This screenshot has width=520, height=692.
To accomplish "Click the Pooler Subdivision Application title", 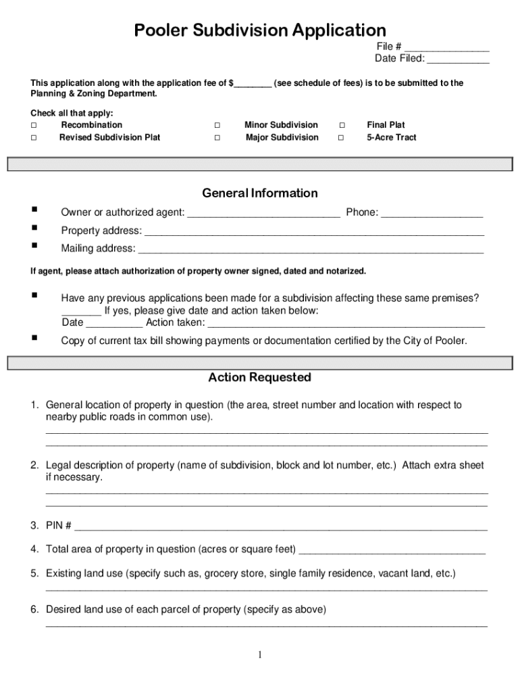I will pyautogui.click(x=260, y=30).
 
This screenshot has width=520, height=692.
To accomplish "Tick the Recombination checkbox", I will pyautogui.click(x=33, y=125).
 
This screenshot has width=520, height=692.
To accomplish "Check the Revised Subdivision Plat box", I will pyautogui.click(x=33, y=138).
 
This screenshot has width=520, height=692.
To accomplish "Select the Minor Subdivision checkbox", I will pyautogui.click(x=217, y=125).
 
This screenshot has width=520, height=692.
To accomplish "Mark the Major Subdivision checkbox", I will pyautogui.click(x=217, y=138).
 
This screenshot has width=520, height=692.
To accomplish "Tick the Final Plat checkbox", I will pyautogui.click(x=341, y=125).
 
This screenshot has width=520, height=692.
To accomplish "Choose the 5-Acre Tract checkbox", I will pyautogui.click(x=341, y=138).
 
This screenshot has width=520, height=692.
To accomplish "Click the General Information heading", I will pyautogui.click(x=260, y=193).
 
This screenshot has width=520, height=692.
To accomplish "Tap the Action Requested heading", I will pyautogui.click(x=260, y=377).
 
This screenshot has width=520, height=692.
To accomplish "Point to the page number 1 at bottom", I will pyautogui.click(x=260, y=654).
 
